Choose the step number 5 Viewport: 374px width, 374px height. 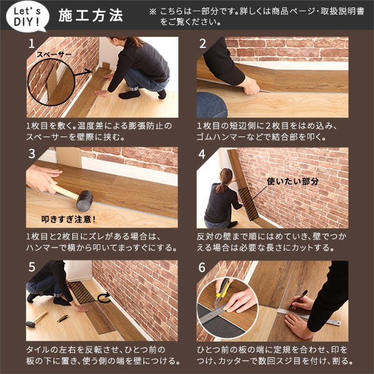(x=32, y=267)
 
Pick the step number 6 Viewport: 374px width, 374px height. (x=202, y=267)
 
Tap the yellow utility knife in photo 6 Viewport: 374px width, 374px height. (x=221, y=292)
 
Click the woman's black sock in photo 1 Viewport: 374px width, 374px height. (x=130, y=95)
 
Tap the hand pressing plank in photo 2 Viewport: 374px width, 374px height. (x=250, y=86)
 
